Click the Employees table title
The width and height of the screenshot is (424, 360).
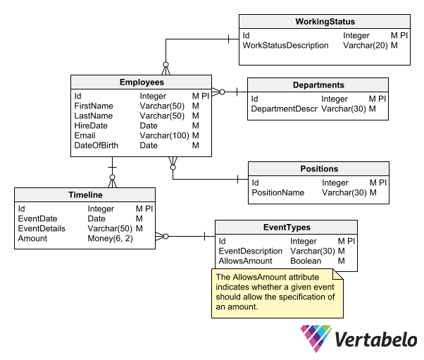(142, 82)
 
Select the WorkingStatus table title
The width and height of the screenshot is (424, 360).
(324, 22)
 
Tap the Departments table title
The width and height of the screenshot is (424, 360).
(318, 85)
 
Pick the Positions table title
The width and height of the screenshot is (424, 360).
(318, 169)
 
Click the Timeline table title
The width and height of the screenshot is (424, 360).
(85, 195)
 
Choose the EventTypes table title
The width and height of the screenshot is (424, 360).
(286, 228)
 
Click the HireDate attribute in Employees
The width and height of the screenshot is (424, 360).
(89, 125)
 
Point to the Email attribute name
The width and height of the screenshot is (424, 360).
(85, 135)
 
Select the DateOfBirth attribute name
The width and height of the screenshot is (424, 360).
(96, 145)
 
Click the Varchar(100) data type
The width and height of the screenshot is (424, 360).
(164, 135)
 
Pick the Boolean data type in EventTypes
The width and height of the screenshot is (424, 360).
(306, 261)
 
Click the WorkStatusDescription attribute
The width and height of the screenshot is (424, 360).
(285, 45)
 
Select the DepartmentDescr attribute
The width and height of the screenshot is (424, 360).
(284, 109)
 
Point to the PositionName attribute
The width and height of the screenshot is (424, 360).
(278, 192)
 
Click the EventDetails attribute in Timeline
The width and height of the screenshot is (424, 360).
(42, 228)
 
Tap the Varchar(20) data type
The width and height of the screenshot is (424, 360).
(365, 45)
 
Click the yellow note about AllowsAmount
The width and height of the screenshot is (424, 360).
(278, 293)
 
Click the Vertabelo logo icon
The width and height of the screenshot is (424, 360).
(315, 338)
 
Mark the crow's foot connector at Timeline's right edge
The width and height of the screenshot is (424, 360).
(162, 236)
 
